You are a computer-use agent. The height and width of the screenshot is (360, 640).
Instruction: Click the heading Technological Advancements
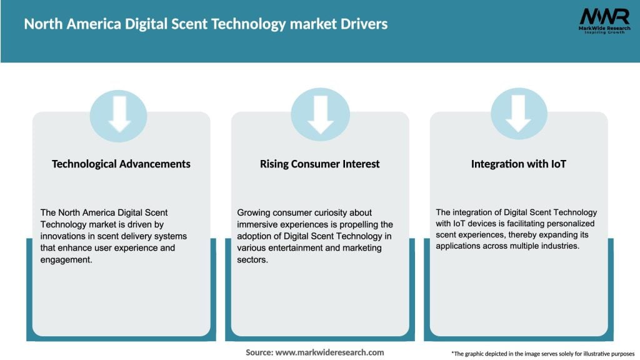tap(121, 164)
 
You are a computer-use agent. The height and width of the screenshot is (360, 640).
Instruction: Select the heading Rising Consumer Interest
tap(320, 164)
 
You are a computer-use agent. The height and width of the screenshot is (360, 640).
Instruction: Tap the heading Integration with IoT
tap(518, 164)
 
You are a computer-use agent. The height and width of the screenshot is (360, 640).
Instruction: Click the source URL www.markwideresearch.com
tap(329, 352)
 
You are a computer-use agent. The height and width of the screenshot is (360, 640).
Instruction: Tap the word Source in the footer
tap(259, 352)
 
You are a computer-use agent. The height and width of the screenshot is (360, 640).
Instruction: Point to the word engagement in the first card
tap(66, 260)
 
